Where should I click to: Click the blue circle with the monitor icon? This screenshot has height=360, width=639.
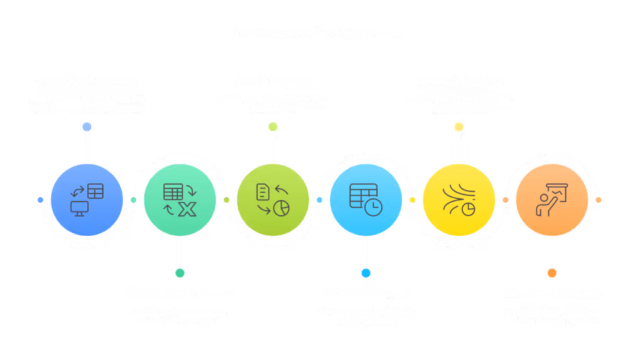pos(87,200)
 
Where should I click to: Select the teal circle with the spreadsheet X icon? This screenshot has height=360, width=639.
pos(180,200)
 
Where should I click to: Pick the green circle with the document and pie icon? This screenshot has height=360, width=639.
pos(273,200)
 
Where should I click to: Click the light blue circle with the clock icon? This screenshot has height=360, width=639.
pos(366,200)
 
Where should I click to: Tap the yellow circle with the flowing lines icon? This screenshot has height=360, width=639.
pos(459,200)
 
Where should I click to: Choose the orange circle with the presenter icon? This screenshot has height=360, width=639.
pos(552,200)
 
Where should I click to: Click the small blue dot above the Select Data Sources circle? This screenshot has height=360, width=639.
pos(87,127)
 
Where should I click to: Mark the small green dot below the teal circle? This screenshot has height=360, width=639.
pos(180,273)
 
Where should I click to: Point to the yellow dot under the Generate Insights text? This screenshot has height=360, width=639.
pos(459,127)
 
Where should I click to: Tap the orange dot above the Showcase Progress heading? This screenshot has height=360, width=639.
pos(552,273)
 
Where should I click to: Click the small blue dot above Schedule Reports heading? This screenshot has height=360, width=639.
pos(366,273)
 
